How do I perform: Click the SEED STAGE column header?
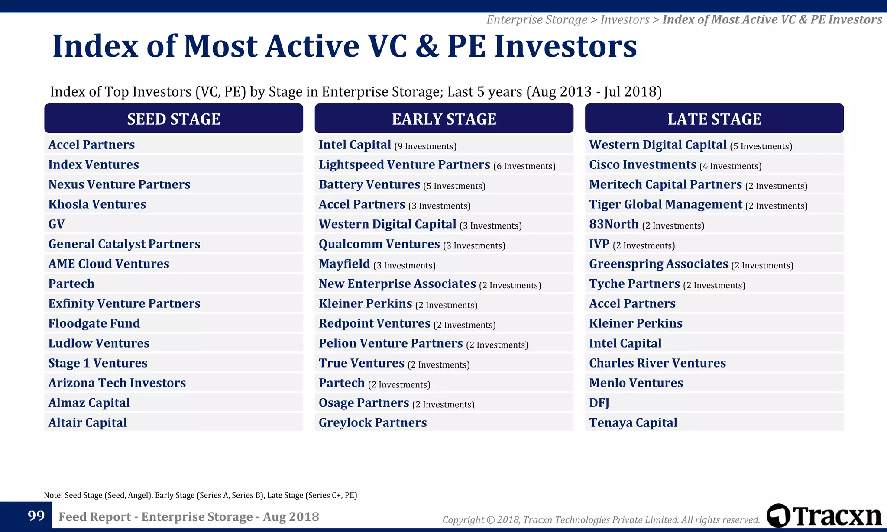click(173, 119)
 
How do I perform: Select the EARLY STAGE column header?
click(443, 119)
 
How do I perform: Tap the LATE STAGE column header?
click(714, 119)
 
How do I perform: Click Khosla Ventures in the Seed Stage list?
click(97, 204)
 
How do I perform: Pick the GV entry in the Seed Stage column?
click(56, 224)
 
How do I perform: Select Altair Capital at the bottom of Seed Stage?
click(87, 422)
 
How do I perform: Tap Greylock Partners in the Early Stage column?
click(372, 422)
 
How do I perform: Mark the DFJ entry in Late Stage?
click(599, 403)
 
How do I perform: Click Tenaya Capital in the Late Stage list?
click(633, 422)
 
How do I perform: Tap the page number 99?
click(36, 516)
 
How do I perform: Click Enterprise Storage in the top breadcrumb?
click(537, 19)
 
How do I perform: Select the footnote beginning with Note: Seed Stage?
click(200, 495)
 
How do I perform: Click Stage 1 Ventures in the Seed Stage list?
click(97, 363)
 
